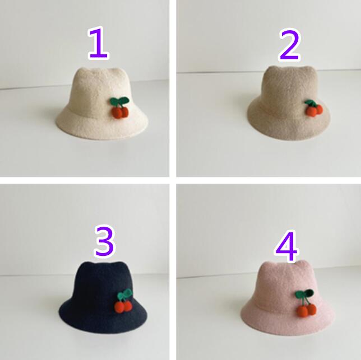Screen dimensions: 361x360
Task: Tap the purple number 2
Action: point(290,45)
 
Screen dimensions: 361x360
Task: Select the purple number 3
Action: point(104,241)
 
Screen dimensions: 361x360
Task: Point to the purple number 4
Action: point(286,246)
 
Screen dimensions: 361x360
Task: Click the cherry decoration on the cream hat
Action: point(119,107)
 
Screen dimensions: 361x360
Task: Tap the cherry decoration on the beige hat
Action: point(313,108)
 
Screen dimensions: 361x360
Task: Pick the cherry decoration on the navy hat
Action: point(124,301)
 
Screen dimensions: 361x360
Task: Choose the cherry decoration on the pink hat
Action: point(306,303)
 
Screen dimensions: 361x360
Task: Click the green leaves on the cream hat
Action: point(119,101)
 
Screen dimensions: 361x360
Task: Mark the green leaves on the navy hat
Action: point(124,294)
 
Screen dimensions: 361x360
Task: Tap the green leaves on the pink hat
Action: point(304,293)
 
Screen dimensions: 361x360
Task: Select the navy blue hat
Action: point(103,297)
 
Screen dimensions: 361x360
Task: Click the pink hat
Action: point(288,297)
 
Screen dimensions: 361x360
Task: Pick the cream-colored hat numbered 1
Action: point(101,104)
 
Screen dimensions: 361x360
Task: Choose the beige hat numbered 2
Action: point(289,103)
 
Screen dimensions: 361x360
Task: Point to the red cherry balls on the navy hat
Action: point(123,307)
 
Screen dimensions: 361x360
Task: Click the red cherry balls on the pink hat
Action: point(307,310)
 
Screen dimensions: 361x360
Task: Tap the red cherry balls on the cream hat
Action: point(120,113)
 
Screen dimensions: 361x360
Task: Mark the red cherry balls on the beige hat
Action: point(314,110)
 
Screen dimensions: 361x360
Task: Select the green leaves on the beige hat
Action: point(311,103)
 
